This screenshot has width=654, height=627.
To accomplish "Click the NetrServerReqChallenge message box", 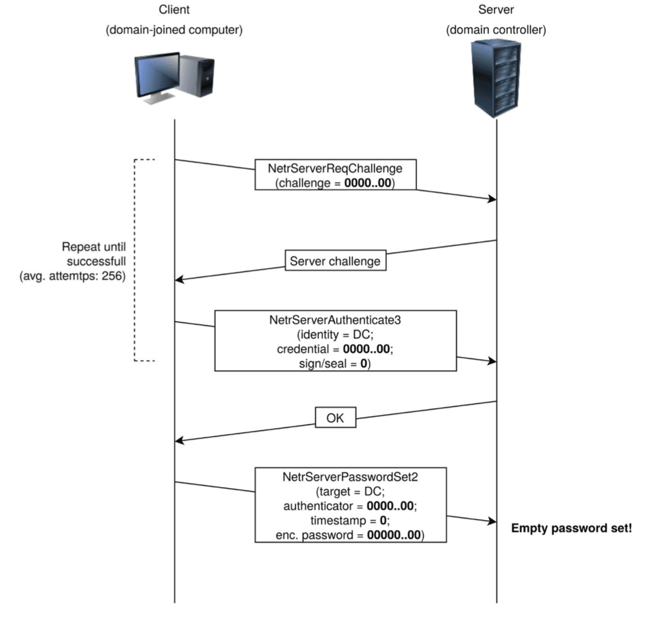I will coord(335,174).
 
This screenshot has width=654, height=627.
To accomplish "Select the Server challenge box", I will coord(335,261).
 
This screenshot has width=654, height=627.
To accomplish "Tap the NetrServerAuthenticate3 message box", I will coord(335,341).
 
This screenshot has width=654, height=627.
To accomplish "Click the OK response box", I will coord(335,418).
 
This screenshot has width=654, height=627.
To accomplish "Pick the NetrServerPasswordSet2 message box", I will coord(350,505).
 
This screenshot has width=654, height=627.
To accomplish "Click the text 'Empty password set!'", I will coord(571,528).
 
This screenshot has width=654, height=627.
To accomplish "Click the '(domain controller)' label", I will coord(496,30).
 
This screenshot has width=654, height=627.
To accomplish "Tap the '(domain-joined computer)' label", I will coord(174,30).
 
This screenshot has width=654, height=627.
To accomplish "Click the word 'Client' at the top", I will coord(174,10).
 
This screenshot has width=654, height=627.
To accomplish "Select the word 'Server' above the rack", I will coord(496,10).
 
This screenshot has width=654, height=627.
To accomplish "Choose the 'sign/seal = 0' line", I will coord(335,364).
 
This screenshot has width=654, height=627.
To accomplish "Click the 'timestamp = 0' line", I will coord(350,521).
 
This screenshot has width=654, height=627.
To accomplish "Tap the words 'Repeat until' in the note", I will coord(94,247).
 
